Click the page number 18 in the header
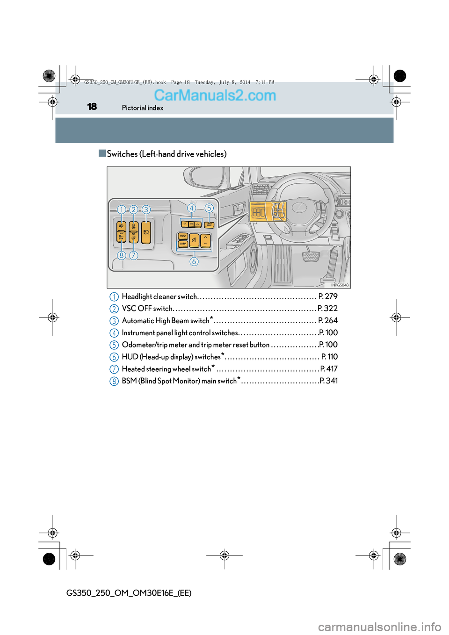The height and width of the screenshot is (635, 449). click(x=92, y=107)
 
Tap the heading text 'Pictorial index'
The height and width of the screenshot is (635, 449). click(x=143, y=108)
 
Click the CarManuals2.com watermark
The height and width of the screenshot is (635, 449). click(x=215, y=95)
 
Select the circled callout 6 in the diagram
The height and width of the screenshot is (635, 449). click(x=194, y=261)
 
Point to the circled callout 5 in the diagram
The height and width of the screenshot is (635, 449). click(x=209, y=208)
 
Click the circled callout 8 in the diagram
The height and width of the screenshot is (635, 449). click(x=122, y=255)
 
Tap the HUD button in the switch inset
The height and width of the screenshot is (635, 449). click(x=183, y=236)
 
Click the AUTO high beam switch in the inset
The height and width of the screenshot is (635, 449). click(x=146, y=232)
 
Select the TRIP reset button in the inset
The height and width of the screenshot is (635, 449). click(x=209, y=224)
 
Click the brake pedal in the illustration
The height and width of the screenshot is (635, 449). click(x=311, y=256)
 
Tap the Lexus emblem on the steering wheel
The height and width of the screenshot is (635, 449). click(x=299, y=206)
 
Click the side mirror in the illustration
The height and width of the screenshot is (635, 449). click(x=204, y=177)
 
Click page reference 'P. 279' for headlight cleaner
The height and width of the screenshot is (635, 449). click(x=328, y=296)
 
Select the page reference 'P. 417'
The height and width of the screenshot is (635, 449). click(x=329, y=369)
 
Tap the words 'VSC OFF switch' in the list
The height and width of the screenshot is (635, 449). click(x=147, y=309)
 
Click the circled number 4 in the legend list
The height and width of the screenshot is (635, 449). click(x=114, y=333)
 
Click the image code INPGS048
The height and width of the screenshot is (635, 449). click(x=340, y=285)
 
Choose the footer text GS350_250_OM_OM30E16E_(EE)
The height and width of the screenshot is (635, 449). click(x=129, y=593)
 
